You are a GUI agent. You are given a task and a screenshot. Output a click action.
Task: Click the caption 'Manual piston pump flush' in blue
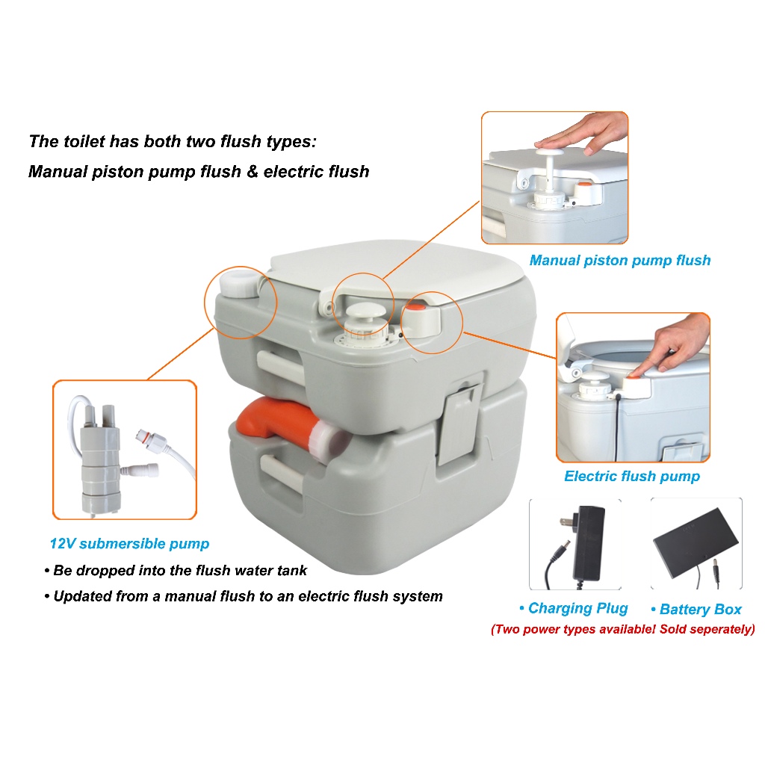[x=619, y=261]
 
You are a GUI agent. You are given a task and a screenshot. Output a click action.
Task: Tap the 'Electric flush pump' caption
[x=632, y=476]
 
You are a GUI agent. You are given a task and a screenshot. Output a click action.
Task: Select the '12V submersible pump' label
[x=129, y=544]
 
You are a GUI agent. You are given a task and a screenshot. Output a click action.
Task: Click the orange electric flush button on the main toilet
[x=416, y=307]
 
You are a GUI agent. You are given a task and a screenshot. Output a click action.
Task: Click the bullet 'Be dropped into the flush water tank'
[x=176, y=570]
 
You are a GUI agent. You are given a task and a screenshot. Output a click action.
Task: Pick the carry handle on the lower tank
[x=281, y=472]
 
